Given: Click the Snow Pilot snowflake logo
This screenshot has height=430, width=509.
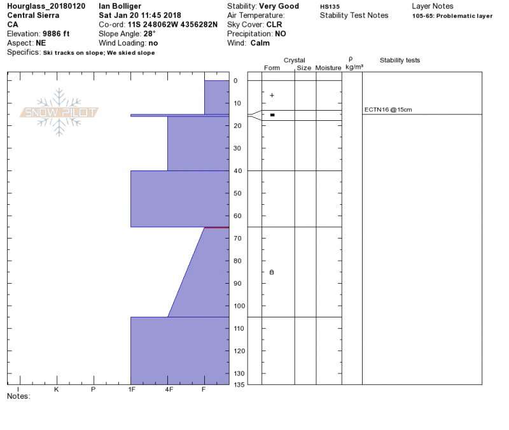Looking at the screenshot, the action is click(59, 113).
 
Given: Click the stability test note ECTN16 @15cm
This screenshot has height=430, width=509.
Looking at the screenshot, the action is click(388, 109).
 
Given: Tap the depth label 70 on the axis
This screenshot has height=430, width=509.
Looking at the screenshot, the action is click(237, 239).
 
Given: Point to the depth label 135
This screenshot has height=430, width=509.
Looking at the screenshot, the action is click(239, 385).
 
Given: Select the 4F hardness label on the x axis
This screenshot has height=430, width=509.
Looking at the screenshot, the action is click(169, 389).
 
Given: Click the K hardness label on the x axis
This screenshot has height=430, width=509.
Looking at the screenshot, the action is click(57, 389).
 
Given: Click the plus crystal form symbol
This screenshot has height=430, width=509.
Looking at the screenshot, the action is click(272, 95).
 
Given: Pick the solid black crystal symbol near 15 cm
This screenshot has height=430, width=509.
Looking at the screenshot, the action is click(272, 115).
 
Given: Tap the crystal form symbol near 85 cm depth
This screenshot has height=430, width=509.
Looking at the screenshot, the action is click(272, 272).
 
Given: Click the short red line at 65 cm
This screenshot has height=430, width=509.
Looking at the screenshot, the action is click(216, 228).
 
